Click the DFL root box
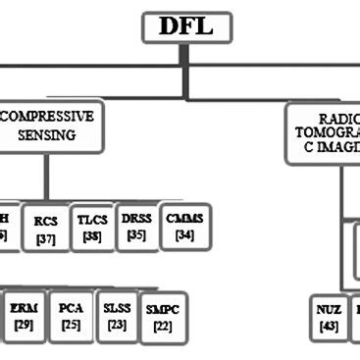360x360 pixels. [188, 26]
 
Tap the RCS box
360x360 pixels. [45, 228]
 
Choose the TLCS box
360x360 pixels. [92, 228]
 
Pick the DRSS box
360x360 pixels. [136, 226]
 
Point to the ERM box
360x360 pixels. [23, 316]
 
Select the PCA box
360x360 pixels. [71, 315]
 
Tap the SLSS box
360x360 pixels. [117, 315]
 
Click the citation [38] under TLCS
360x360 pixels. [92, 236]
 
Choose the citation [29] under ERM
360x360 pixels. [23, 325]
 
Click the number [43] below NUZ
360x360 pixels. [330, 327]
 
